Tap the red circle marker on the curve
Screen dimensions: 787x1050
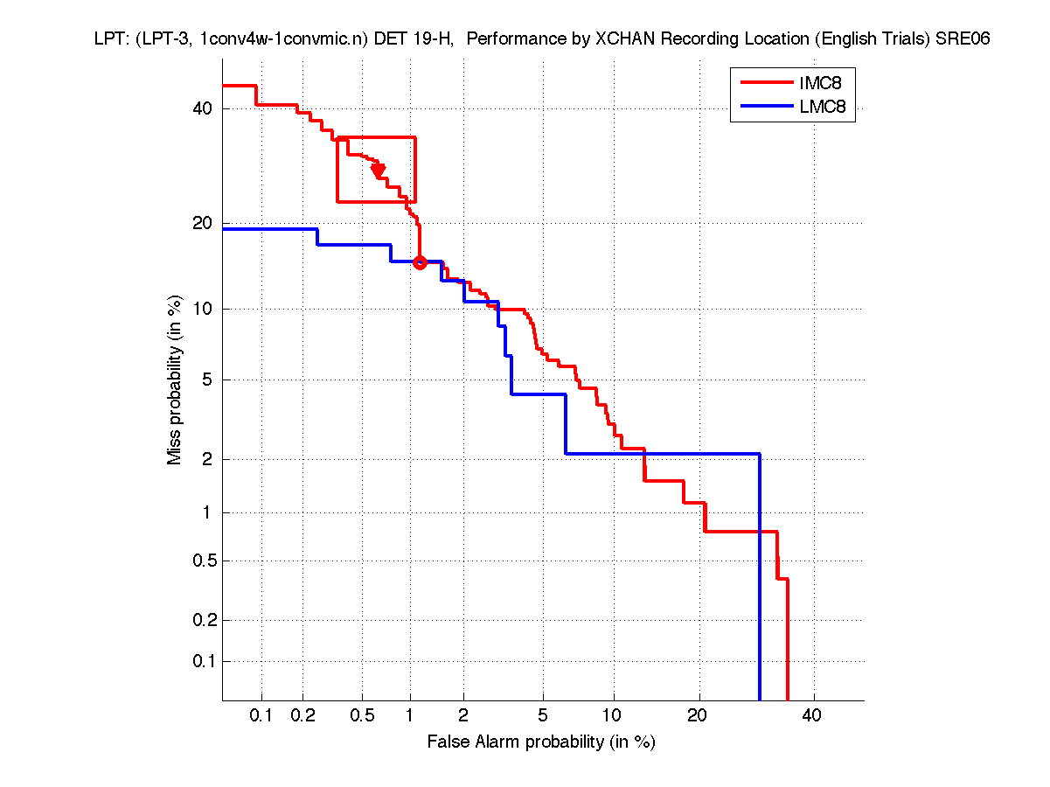[420, 262]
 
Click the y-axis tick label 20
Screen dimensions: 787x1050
[202, 224]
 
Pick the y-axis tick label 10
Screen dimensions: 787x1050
[202, 309]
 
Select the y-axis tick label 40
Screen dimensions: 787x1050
[202, 108]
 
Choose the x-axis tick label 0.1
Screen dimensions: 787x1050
[261, 716]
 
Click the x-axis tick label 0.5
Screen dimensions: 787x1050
[361, 716]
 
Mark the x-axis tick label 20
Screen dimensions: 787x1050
[696, 716]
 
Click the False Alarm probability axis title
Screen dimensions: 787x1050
[541, 742]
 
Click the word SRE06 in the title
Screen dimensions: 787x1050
[962, 39]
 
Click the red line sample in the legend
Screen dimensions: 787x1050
[765, 83]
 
